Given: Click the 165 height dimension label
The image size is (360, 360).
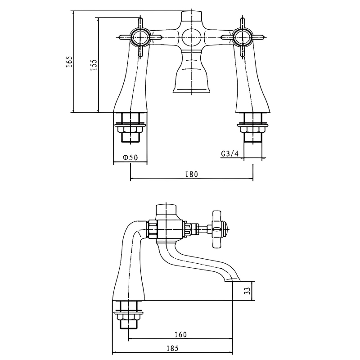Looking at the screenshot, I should click(x=69, y=62).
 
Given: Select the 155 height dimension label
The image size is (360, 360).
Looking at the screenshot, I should click(x=94, y=65).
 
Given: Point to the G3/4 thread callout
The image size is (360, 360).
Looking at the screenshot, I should click(x=229, y=153).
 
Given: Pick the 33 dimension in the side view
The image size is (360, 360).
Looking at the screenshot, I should click(x=246, y=291).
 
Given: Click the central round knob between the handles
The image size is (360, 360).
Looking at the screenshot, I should click(x=191, y=36).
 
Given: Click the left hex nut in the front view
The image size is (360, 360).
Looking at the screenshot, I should click(x=130, y=130).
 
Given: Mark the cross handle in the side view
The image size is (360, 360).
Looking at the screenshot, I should click(x=217, y=230).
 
